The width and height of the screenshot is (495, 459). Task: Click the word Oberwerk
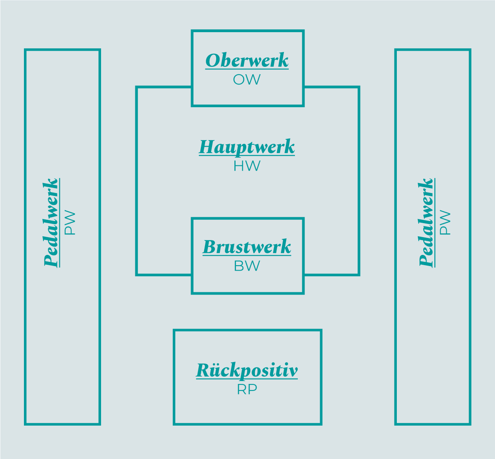tap(247, 60)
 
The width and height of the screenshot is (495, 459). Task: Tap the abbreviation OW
tap(247, 80)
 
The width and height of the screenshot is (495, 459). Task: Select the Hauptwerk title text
tap(247, 147)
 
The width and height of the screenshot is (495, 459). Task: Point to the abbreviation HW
tap(247, 166)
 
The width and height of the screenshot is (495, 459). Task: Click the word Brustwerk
tap(247, 247)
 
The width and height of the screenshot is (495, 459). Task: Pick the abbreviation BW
tap(247, 266)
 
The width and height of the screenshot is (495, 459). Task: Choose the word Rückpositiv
tap(247, 370)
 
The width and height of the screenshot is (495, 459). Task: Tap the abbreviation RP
tap(247, 389)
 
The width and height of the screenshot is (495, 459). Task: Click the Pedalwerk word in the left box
tap(51, 223)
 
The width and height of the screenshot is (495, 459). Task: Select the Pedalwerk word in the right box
tap(426, 223)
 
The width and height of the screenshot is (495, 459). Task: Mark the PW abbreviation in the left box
tap(70, 223)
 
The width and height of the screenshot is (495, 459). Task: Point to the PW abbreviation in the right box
tap(445, 223)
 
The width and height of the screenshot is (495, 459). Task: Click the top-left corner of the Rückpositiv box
tap(174, 331)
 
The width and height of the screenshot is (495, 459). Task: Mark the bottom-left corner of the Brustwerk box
tap(193, 293)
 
